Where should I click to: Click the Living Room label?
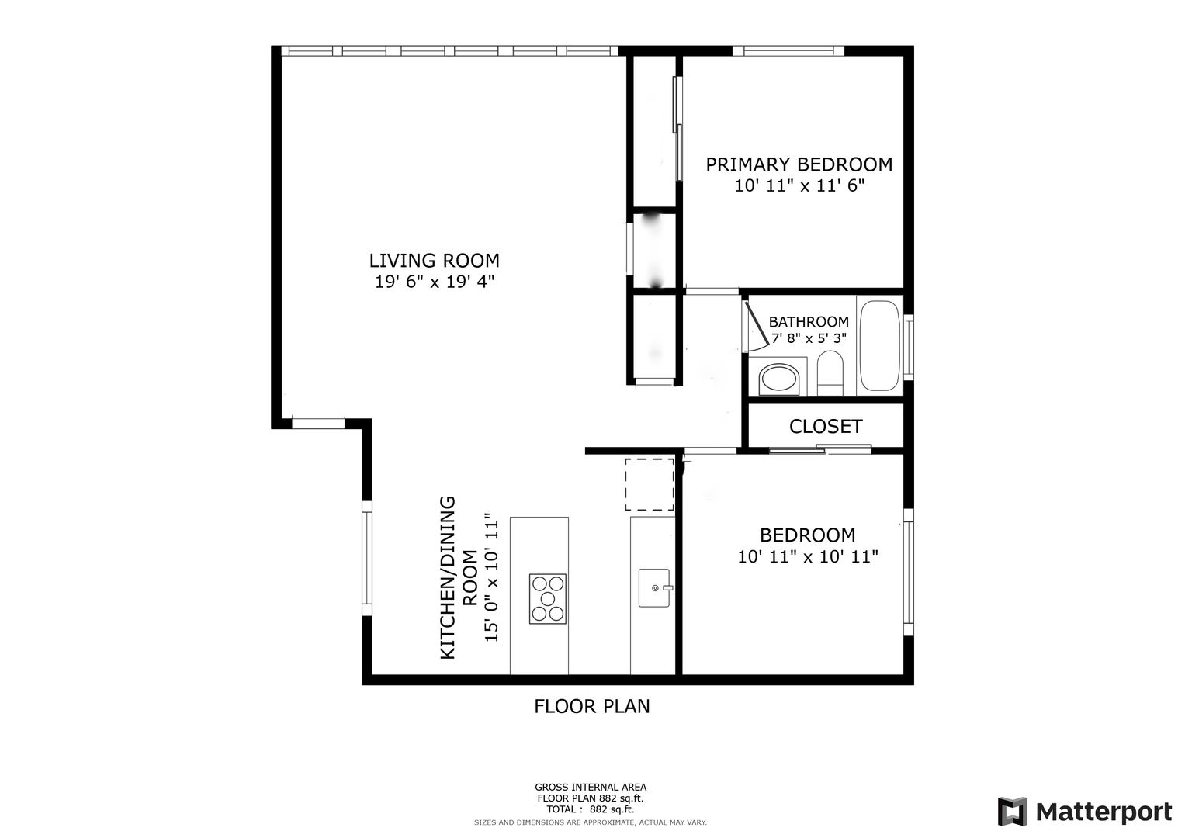[x=434, y=261]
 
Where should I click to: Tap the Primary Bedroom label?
[x=799, y=164]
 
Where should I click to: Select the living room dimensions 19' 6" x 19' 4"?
[x=435, y=282]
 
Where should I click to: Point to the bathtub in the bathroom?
[x=879, y=346]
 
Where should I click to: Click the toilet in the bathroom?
[x=830, y=373]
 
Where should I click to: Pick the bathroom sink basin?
[x=778, y=379]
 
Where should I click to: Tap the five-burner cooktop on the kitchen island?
[x=548, y=599]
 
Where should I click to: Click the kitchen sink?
[x=655, y=588]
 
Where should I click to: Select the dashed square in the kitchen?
[x=649, y=485]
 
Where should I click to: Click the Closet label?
[x=826, y=427]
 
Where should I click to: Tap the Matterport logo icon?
[x=1013, y=811]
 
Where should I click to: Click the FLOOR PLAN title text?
[x=591, y=706]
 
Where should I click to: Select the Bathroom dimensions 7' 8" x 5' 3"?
[x=809, y=338]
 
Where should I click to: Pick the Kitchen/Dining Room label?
[x=459, y=577]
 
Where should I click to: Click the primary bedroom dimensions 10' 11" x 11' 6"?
[x=799, y=185]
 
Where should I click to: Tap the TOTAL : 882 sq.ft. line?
[x=591, y=809]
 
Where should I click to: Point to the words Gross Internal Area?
[x=591, y=788]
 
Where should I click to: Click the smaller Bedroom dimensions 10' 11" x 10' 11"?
[x=808, y=556]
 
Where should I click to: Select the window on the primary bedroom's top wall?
[x=788, y=50]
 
